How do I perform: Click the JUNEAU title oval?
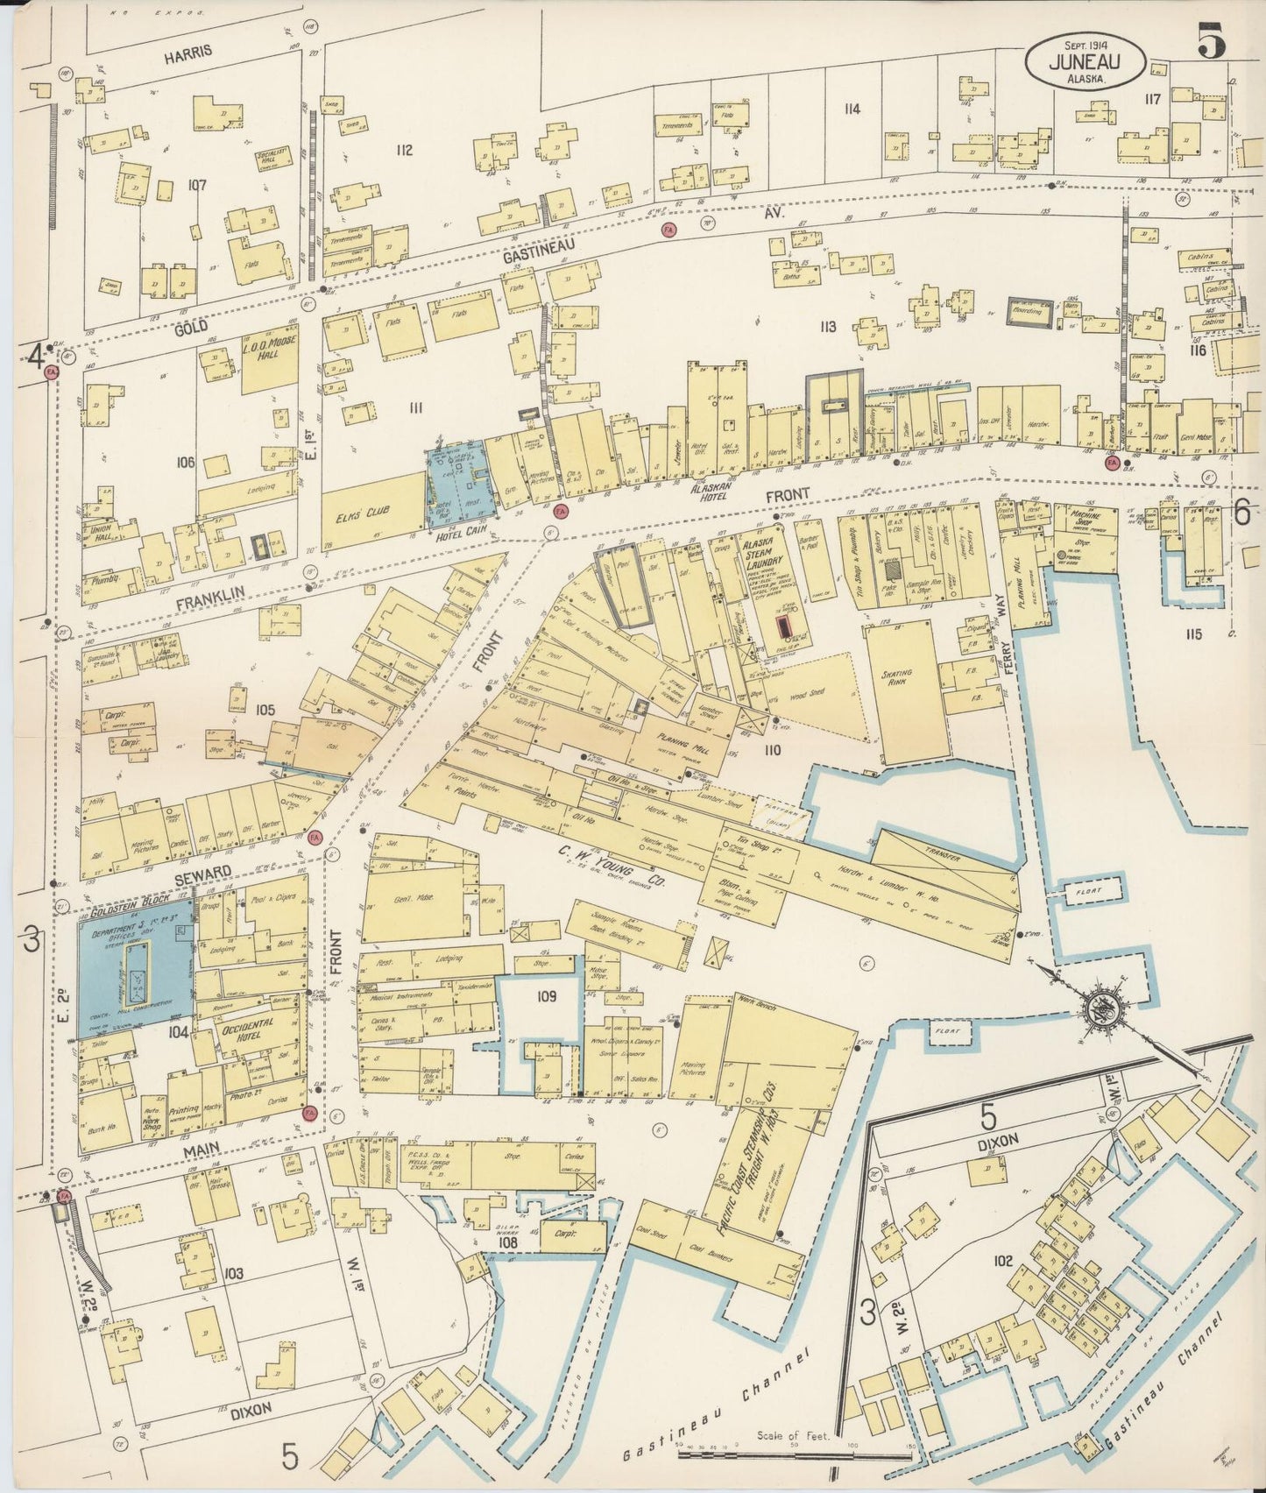1086,62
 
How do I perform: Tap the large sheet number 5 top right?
1212,42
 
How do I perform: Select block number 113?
827,327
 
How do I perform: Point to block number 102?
1002,1262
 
